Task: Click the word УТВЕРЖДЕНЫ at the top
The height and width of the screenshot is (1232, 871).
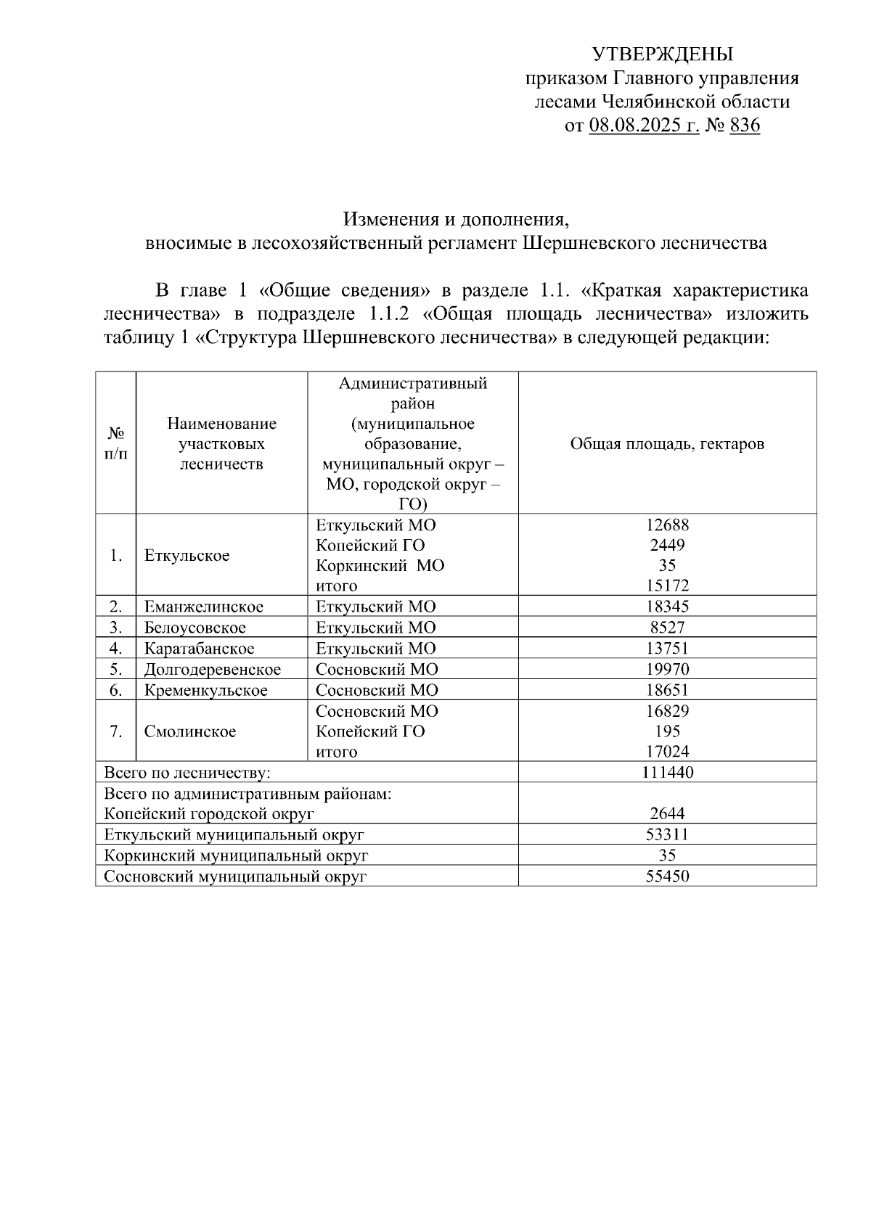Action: pos(662,54)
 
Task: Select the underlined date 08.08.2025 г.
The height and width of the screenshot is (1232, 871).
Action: pos(644,126)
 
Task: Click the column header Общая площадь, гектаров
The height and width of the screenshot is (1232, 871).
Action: pos(667,444)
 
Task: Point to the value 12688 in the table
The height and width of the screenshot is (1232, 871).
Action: pos(667,525)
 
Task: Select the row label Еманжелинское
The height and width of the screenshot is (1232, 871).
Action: pos(204,607)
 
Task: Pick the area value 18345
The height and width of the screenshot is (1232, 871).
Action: pos(667,607)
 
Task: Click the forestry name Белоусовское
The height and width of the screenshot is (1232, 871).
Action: pos(195,628)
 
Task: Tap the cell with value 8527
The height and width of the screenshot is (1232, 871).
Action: pos(667,628)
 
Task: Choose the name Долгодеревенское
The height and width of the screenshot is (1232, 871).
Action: pos(212,670)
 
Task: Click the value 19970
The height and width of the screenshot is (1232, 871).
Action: pos(667,670)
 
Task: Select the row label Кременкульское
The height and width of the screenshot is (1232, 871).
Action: pos(205,691)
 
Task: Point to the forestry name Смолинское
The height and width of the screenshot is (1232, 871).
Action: pos(190,731)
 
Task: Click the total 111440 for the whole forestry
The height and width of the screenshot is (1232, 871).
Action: pos(667,773)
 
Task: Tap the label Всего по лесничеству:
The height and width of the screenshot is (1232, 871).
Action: pos(187,773)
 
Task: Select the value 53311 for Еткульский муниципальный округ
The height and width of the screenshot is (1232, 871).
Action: pos(667,835)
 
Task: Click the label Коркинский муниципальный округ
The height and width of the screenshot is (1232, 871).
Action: pos(236,856)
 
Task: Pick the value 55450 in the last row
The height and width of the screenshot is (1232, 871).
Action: pos(667,876)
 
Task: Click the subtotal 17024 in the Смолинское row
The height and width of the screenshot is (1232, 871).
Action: pos(667,752)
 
